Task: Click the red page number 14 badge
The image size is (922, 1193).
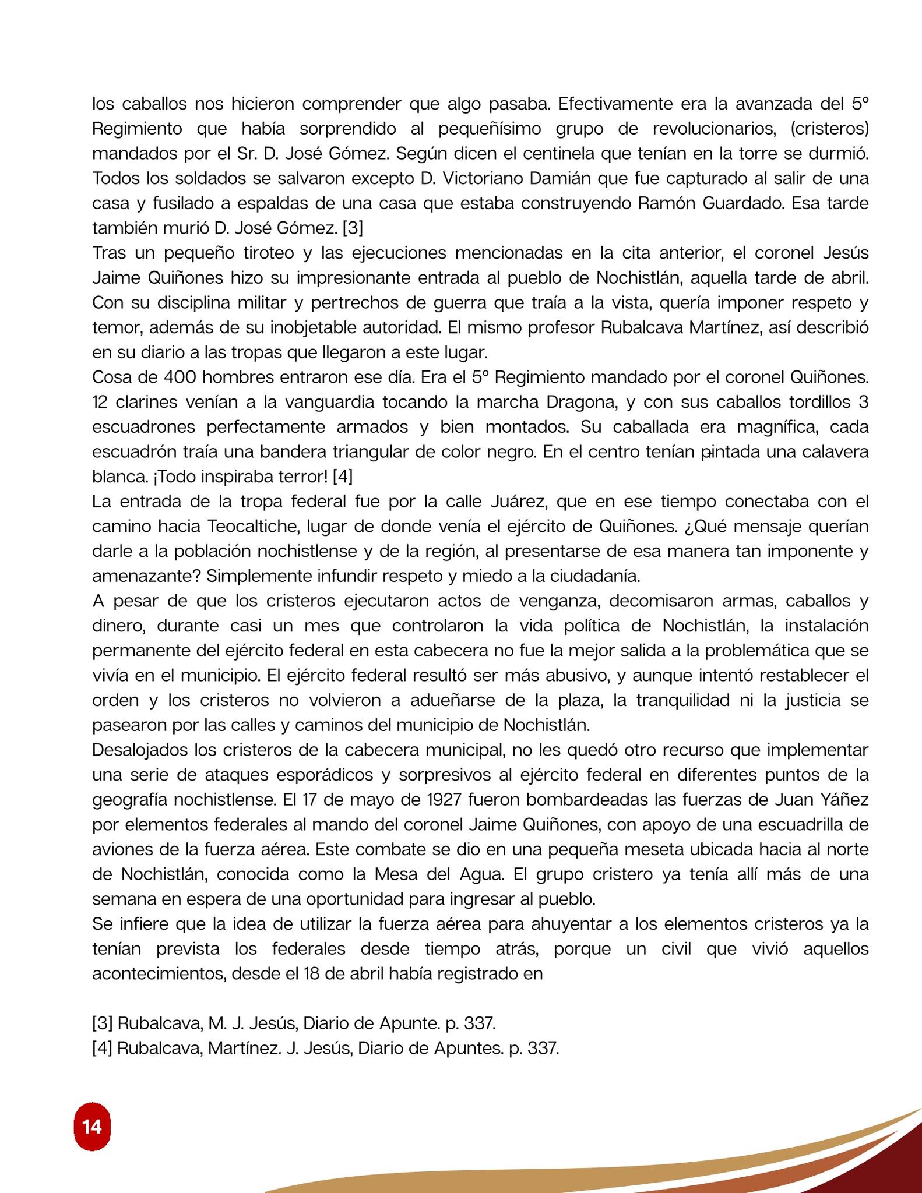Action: (92, 1127)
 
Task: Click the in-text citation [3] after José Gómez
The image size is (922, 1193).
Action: (353, 228)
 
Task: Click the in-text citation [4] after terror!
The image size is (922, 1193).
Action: (342, 477)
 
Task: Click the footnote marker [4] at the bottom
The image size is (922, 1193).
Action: (102, 1048)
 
